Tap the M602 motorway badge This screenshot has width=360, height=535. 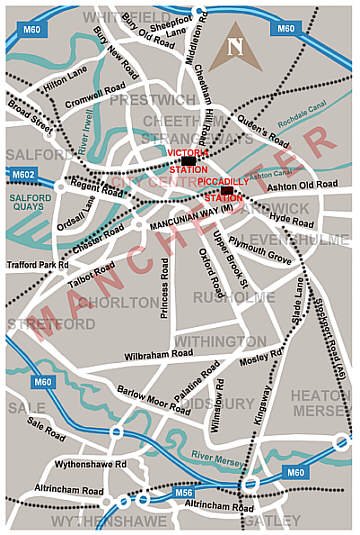22,174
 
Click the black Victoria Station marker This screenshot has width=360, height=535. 189,160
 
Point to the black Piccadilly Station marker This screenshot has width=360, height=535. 227,190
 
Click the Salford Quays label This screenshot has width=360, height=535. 30,203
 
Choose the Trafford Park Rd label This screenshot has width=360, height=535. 35,264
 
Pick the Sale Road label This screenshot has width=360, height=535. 47,430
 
